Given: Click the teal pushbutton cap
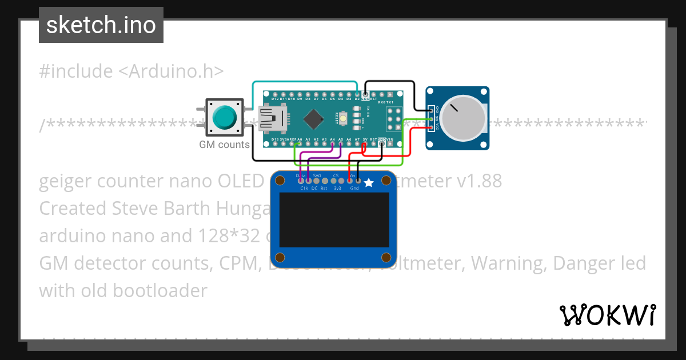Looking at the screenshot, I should (224, 117).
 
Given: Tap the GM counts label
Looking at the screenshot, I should (224, 145).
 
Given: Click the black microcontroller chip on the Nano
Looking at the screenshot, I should (313, 119).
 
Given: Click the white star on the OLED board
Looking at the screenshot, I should (369, 183).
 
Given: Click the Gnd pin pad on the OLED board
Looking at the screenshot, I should (358, 181).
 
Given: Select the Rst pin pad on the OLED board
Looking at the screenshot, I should (324, 181).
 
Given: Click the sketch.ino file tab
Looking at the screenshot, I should (101, 25).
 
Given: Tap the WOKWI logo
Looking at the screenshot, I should (607, 315).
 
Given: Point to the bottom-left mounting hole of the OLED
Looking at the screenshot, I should (280, 257).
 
